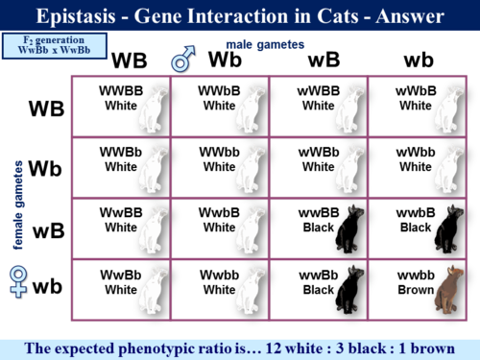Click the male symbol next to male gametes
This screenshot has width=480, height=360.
[180, 60]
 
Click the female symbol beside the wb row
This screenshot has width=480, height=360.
[18, 285]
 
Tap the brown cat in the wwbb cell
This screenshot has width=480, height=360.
[444, 289]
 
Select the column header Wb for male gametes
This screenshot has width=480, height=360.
[225, 59]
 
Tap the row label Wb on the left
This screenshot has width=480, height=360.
[46, 169]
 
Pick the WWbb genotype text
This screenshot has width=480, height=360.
[219, 150]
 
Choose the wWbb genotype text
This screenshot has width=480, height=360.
[416, 150]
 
